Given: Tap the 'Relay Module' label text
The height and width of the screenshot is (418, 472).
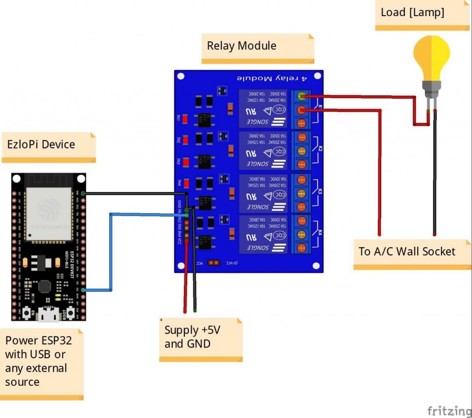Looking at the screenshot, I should coord(242,46).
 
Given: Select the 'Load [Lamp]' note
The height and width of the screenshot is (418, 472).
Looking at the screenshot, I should coord(412,12).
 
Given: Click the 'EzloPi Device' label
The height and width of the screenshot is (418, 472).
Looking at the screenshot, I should coord(41,144).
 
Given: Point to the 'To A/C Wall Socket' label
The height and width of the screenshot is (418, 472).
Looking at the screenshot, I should coord(407,251).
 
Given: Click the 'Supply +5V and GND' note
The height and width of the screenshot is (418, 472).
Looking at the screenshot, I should coord(193,337).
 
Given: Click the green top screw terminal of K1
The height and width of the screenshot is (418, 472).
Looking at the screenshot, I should coord(301,96).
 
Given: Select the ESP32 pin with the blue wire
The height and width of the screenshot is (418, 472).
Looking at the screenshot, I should coord(83,290).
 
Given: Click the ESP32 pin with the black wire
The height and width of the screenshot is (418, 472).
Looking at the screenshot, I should coord(83,193).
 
